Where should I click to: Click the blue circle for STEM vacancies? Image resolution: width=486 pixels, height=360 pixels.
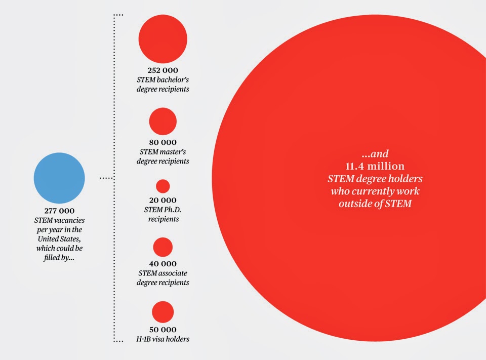(x=59, y=178)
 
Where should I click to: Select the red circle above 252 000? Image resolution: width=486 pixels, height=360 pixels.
(x=163, y=39)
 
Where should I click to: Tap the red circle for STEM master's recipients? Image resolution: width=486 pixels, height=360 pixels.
(x=163, y=122)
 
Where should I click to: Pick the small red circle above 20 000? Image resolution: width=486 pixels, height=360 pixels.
(x=163, y=186)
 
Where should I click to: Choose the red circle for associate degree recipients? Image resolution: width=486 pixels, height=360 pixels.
(x=163, y=247)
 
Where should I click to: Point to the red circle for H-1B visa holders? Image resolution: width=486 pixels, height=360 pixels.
(x=163, y=312)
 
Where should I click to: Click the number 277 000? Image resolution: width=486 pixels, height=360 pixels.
(x=59, y=211)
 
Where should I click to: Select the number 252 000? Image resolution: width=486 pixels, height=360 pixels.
(x=163, y=70)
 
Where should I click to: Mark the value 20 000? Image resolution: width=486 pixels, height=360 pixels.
(x=163, y=201)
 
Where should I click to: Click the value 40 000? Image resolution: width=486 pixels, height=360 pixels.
(x=163, y=264)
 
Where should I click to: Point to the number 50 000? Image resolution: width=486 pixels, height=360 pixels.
(x=163, y=329)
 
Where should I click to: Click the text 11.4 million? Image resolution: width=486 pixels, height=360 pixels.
(x=375, y=166)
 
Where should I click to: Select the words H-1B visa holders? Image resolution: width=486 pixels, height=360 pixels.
(x=163, y=339)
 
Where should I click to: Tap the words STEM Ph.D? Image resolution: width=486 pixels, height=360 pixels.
(x=163, y=210)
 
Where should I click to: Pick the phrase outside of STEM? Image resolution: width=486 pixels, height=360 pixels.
(x=375, y=204)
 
